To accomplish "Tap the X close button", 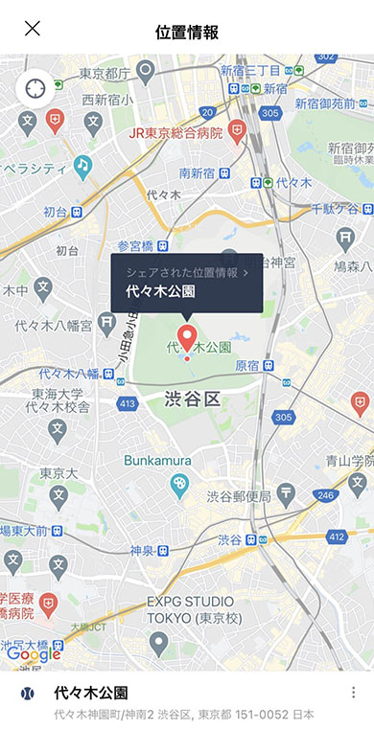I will (x=33, y=28).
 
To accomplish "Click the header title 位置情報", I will (x=187, y=32).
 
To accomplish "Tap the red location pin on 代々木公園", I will (x=187, y=338).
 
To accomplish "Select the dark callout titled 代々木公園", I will (x=186, y=283).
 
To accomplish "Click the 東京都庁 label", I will (x=105, y=73).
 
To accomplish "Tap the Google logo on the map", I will (x=34, y=654).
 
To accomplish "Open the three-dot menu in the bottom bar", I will (x=352, y=693).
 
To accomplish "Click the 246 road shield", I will (x=325, y=495).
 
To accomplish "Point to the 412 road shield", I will (x=336, y=537).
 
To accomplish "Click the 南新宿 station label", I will (x=198, y=173).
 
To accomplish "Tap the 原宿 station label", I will (x=247, y=365).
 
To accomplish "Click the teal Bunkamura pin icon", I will (x=178, y=487).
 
